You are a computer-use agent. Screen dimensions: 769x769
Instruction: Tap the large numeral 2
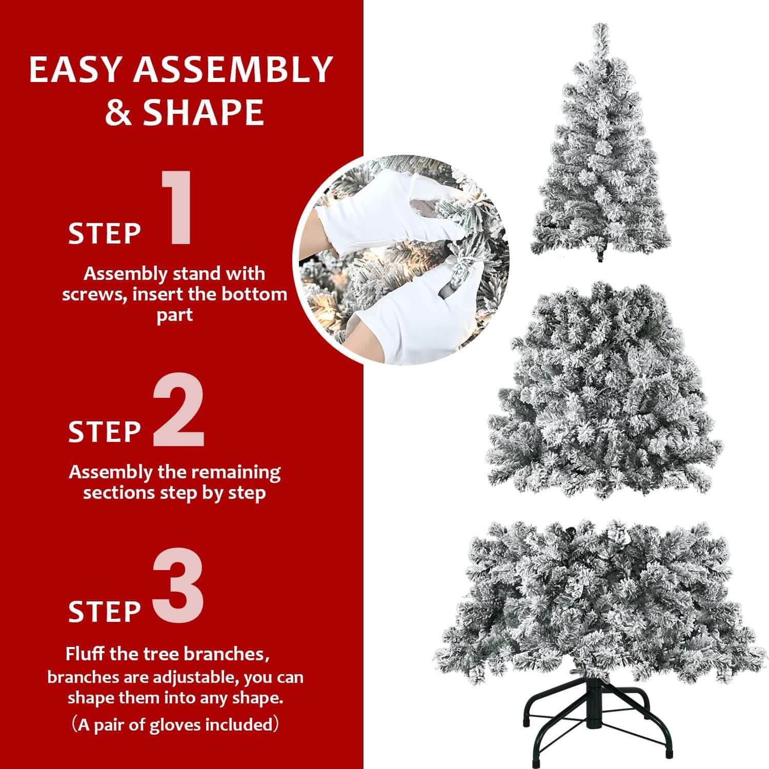179,413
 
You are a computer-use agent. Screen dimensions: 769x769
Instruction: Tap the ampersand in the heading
117,113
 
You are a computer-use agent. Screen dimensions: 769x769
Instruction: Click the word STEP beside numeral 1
105,234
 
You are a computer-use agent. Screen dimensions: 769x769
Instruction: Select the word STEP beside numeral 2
105,432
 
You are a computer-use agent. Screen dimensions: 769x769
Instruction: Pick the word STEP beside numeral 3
105,611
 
